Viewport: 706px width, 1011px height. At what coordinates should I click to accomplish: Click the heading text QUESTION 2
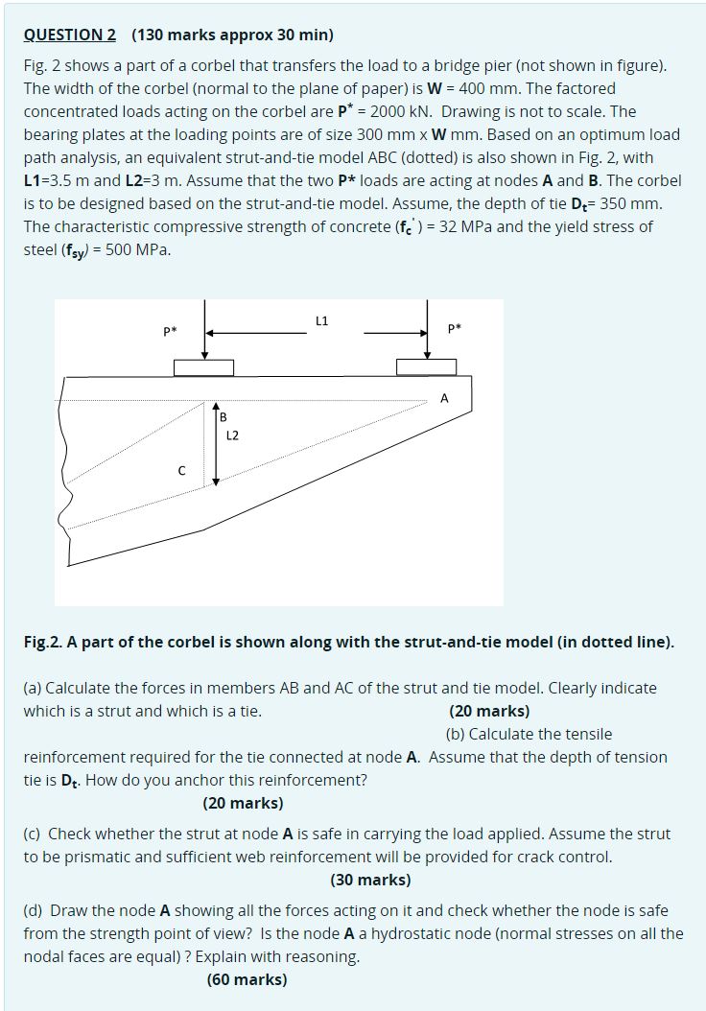coord(70,35)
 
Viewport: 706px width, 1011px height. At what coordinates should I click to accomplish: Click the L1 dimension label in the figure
coord(321,320)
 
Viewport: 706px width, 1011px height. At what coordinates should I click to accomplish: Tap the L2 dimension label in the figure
coord(232,435)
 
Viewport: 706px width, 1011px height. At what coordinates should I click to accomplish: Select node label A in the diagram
coord(443,398)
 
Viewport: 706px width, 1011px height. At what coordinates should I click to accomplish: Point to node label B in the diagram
coord(224,417)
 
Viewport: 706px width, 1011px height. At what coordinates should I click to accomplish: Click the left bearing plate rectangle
coord(203,367)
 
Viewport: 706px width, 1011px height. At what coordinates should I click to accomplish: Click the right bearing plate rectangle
coord(426,367)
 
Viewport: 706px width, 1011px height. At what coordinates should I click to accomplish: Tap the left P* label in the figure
coord(169,332)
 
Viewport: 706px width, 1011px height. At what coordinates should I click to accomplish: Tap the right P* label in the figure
coord(455,329)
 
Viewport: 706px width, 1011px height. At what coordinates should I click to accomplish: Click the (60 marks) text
coord(247,979)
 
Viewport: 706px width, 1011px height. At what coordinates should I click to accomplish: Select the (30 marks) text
coord(370,880)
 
